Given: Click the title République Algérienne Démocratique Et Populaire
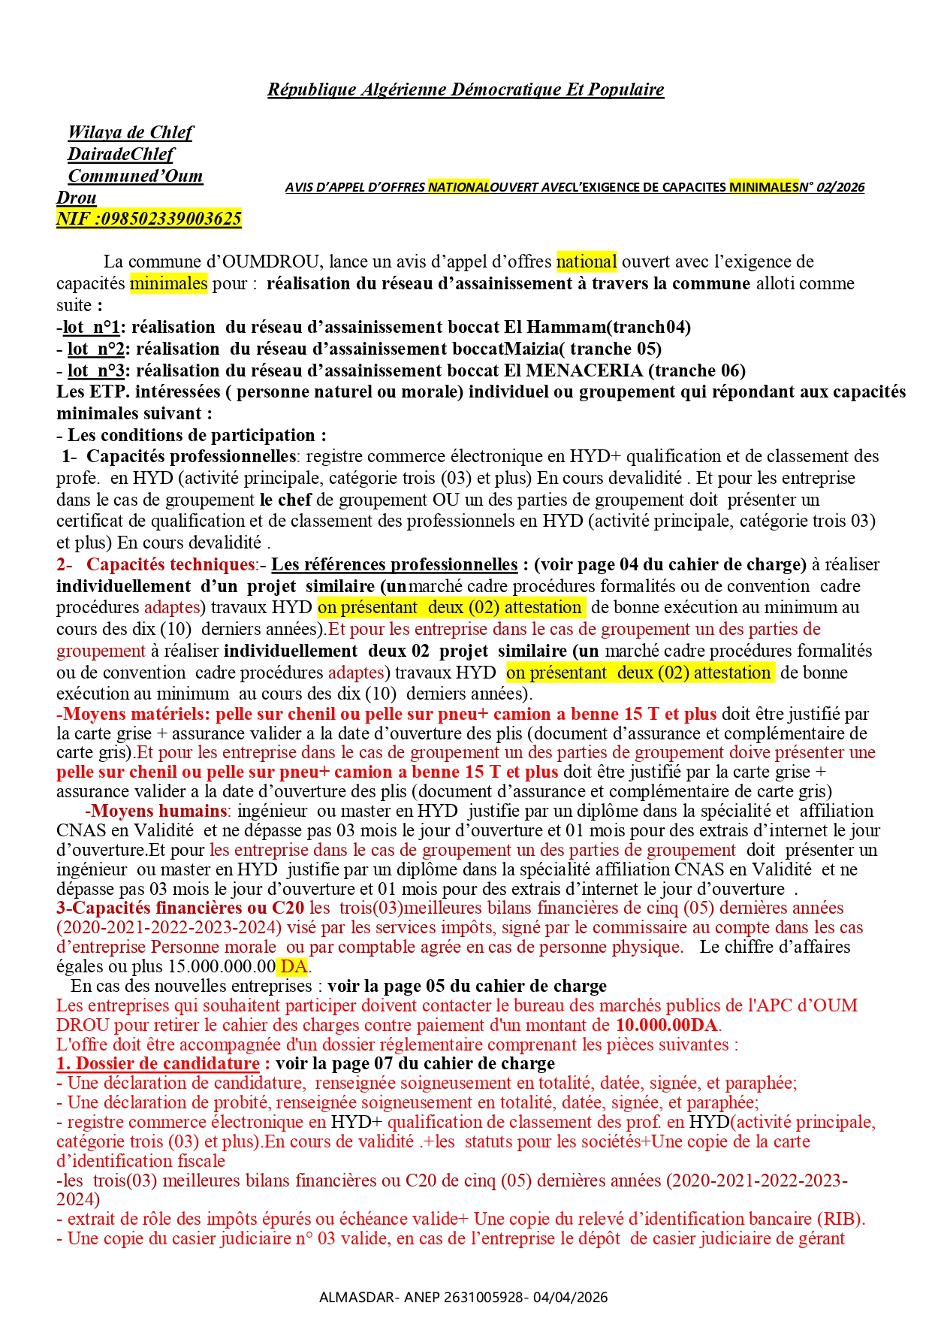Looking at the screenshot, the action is pos(466,89).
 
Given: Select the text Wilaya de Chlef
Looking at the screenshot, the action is pos(130,132).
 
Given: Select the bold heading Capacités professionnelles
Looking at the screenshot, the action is pos(191,456).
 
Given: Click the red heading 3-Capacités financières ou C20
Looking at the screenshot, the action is pos(180,908).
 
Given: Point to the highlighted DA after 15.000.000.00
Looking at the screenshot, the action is pos(294,966).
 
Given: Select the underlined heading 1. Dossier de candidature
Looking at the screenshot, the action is pos(158,1064).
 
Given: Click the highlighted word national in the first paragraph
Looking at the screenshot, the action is pos(586,261).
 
